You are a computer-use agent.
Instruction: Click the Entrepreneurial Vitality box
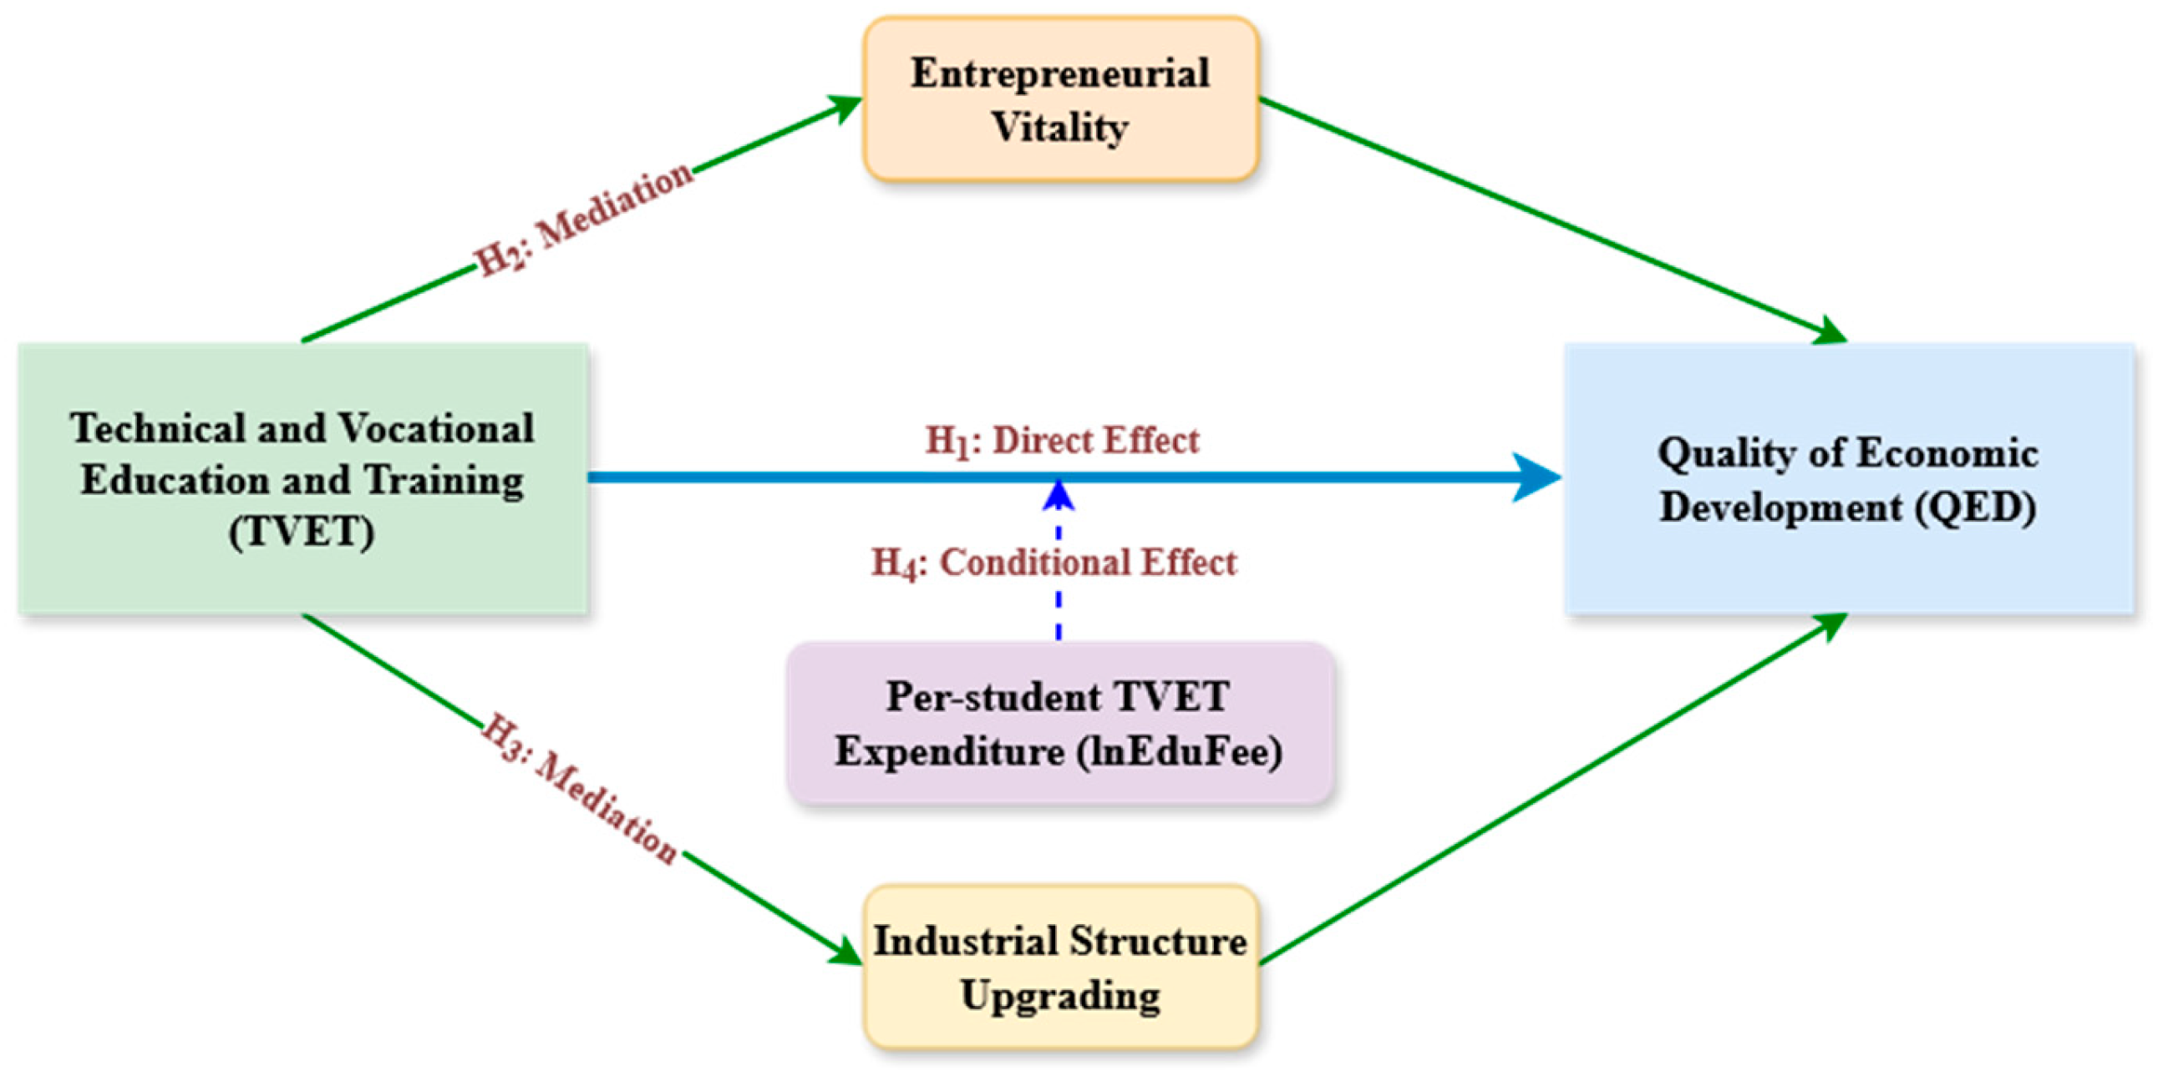coord(1060,99)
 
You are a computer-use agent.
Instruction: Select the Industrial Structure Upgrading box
coord(1060,966)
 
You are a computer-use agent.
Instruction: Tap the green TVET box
coord(303,478)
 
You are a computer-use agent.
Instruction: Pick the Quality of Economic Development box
coord(1849,478)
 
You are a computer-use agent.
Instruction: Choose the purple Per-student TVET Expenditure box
coord(1059,724)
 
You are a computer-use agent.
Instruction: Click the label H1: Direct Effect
coord(1062,441)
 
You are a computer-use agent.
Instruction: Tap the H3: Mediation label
coord(579,789)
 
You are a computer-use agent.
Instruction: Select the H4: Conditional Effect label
coord(1054,563)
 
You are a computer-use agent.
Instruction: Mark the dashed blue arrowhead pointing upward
coord(1059,495)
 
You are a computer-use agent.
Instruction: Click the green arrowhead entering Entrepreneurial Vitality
coord(844,107)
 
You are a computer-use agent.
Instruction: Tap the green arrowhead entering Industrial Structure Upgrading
coord(844,953)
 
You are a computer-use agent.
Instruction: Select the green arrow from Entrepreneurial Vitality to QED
coord(1553,221)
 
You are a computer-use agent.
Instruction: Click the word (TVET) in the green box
coord(302,532)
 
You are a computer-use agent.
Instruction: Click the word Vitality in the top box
coord(1059,128)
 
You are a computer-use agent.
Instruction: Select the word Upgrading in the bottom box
coord(1060,996)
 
